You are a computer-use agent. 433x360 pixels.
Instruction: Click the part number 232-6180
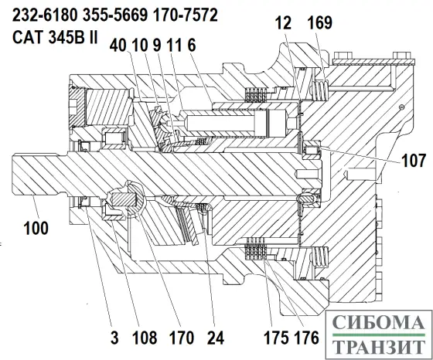tap(45, 15)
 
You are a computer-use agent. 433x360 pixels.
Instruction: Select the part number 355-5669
tap(115, 15)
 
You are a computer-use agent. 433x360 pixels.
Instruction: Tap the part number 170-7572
tap(186, 15)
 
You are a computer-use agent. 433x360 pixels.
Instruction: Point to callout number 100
tap(36, 229)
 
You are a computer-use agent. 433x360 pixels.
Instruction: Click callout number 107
tap(413, 160)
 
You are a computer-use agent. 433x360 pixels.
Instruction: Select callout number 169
tap(319, 22)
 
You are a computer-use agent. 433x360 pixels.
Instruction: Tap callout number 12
tap(283, 22)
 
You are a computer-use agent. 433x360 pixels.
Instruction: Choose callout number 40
tap(118, 45)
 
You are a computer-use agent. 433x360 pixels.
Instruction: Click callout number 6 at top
tap(192, 45)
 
